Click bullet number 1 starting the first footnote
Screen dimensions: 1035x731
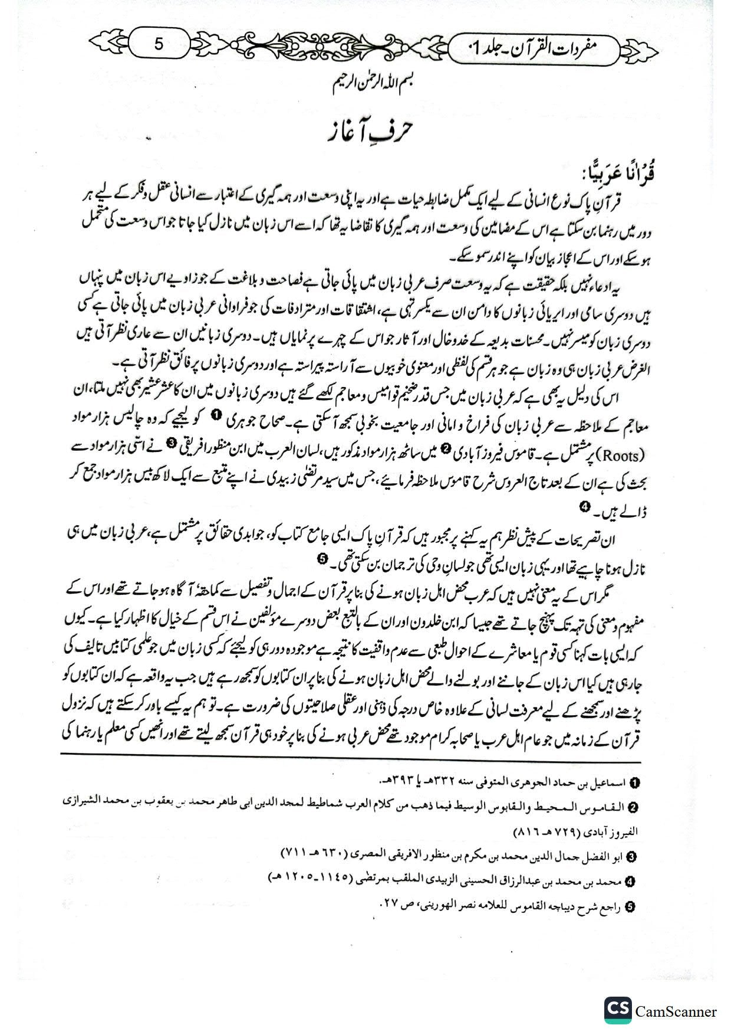[x=634, y=782]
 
